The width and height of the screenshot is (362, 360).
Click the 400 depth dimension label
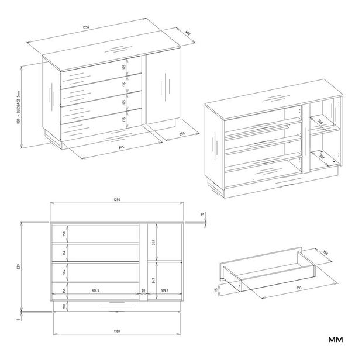click(x=187, y=33)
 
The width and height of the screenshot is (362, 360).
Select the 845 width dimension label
click(x=120, y=147)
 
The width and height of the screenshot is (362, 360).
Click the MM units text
click(x=335, y=340)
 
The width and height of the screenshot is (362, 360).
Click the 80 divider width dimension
click(x=143, y=290)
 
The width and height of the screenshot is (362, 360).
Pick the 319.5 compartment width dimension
click(x=166, y=290)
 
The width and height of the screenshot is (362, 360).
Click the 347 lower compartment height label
click(x=153, y=281)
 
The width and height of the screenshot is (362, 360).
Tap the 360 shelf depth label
click(x=321, y=122)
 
